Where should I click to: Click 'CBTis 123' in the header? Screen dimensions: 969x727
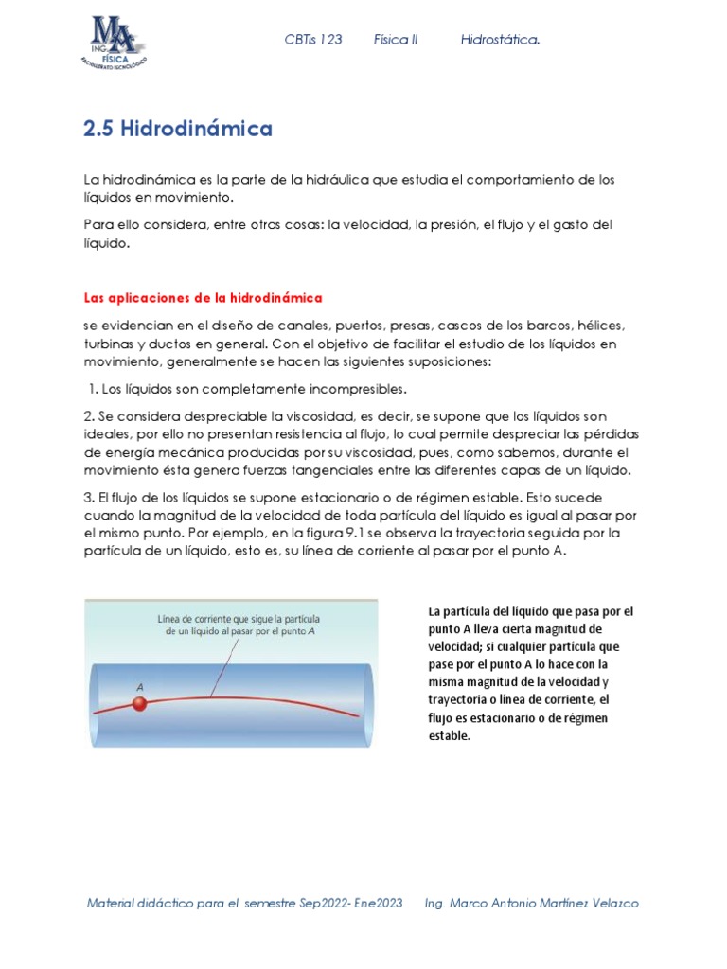click(x=313, y=40)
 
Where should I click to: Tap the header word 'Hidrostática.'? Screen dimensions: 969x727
click(x=501, y=40)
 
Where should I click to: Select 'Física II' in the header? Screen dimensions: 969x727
click(x=396, y=40)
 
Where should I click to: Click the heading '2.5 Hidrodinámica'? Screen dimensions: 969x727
click(x=178, y=129)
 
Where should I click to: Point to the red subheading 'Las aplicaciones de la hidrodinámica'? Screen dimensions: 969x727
click(x=204, y=297)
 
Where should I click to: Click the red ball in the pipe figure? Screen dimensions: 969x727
click(x=140, y=703)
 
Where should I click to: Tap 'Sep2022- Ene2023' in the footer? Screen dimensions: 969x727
click(x=351, y=903)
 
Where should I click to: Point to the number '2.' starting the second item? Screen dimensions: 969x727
click(x=90, y=416)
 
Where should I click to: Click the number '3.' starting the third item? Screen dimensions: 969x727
click(x=90, y=497)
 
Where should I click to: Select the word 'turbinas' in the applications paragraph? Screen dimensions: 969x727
click(x=109, y=344)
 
